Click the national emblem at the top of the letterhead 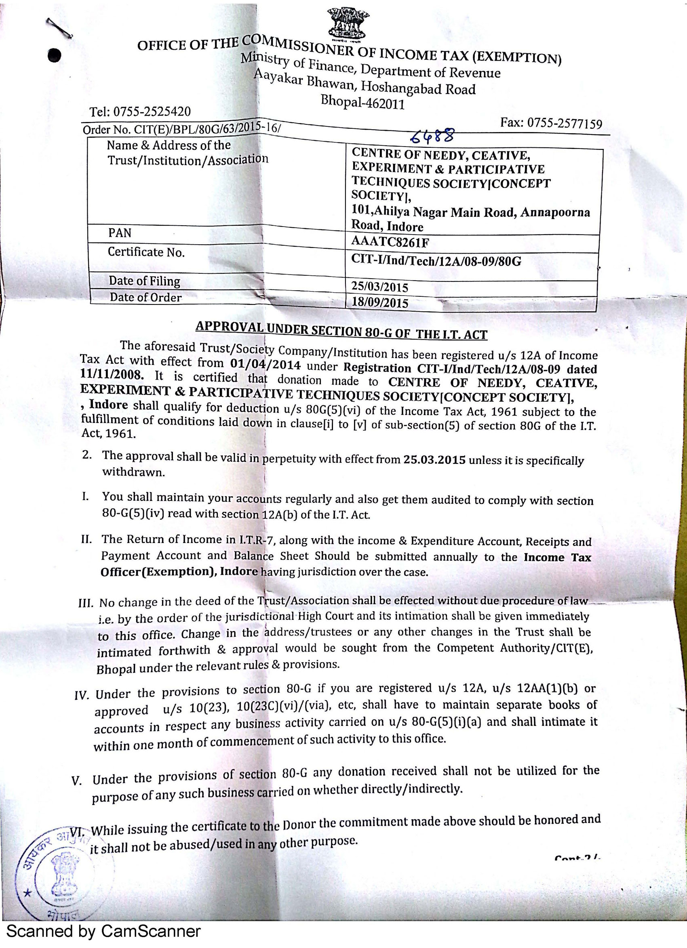(x=348, y=23)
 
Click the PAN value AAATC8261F (x=384, y=242)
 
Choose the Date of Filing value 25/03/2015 (x=379, y=287)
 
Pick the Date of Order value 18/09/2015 (x=379, y=302)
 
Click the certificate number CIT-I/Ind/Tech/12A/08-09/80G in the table (x=436, y=261)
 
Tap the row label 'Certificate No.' (x=146, y=252)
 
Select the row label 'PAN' (x=120, y=233)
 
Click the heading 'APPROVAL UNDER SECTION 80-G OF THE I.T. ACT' (x=341, y=330)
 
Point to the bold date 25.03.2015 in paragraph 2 (x=434, y=460)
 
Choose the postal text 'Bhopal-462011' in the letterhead (x=363, y=102)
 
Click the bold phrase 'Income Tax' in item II (x=557, y=557)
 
